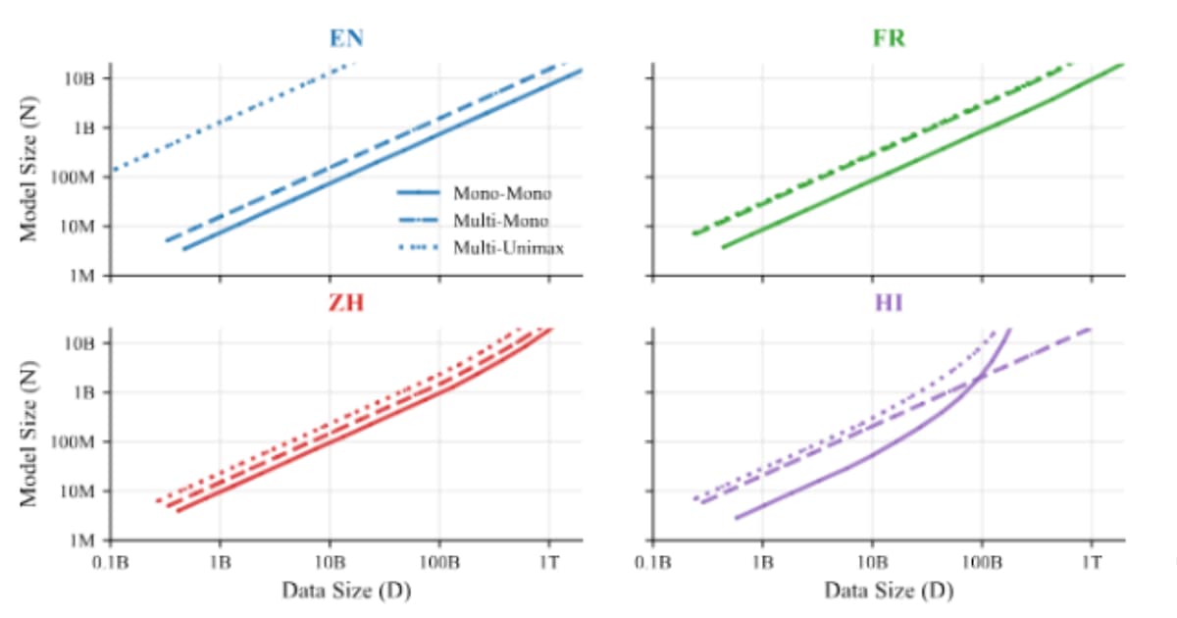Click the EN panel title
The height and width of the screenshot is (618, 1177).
click(x=346, y=39)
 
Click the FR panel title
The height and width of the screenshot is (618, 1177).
click(x=889, y=39)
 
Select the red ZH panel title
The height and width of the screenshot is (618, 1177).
click(x=345, y=302)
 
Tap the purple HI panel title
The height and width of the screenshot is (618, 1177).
click(x=889, y=302)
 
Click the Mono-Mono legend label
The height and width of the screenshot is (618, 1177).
click(x=502, y=193)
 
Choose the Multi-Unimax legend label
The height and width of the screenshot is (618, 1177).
click(x=508, y=248)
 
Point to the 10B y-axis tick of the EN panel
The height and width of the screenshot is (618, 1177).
click(x=79, y=77)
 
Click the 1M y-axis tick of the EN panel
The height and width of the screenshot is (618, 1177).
click(x=82, y=277)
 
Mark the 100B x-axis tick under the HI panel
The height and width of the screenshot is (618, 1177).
click(x=981, y=563)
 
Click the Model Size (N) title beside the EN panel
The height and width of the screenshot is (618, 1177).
click(x=30, y=177)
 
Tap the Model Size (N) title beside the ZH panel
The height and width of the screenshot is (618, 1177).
click(x=30, y=441)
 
